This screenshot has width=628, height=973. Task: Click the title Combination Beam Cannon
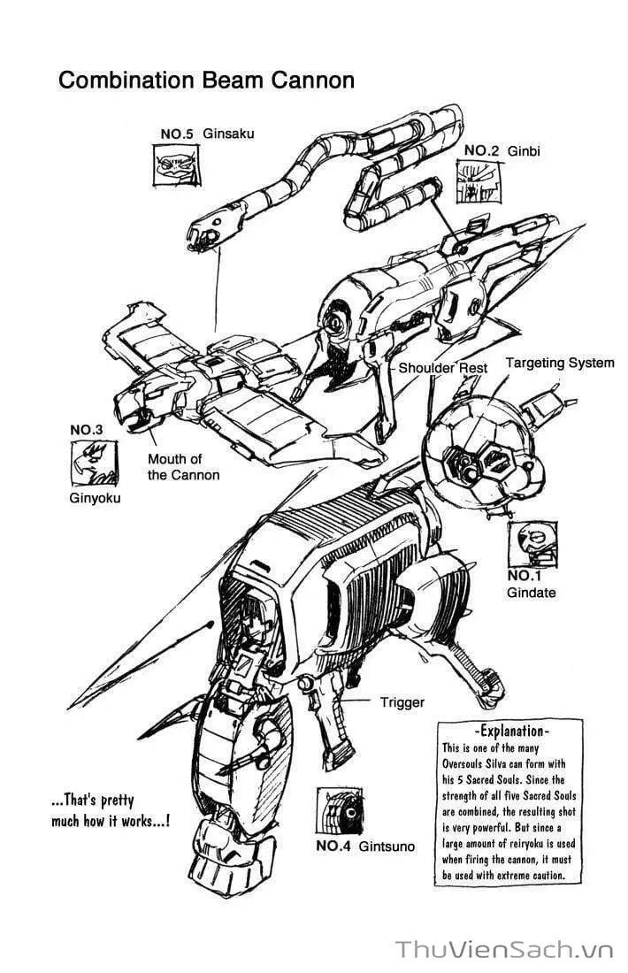tap(206, 80)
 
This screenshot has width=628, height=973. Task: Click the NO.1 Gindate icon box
tap(532, 544)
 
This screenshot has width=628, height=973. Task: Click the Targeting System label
tap(559, 363)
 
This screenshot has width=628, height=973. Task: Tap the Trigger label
tap(402, 702)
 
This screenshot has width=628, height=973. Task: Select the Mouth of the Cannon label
tap(183, 467)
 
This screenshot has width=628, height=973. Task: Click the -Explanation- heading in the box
tap(511, 732)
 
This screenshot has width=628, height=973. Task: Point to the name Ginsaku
tap(228, 134)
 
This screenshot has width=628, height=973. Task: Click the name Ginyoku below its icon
tap(95, 498)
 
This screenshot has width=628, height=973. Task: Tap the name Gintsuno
tap(387, 846)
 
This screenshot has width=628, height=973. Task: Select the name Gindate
tap(532, 593)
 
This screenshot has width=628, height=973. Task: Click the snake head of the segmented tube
tap(203, 231)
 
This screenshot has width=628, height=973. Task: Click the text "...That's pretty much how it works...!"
tap(111, 810)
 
